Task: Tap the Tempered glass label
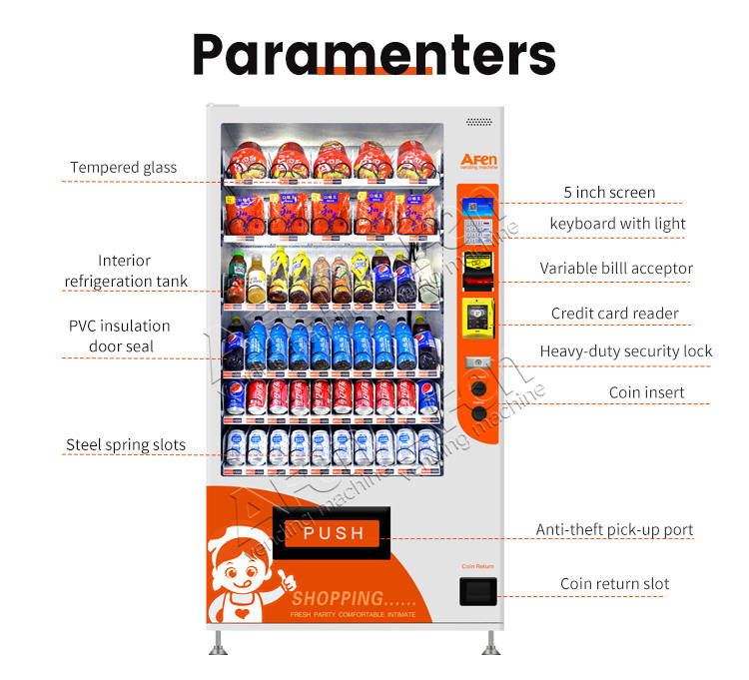click(x=123, y=167)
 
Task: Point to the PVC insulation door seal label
click(x=119, y=336)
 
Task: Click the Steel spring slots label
click(x=126, y=444)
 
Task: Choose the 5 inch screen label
click(x=609, y=192)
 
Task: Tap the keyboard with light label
click(x=617, y=223)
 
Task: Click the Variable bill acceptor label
click(x=616, y=268)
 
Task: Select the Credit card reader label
click(x=614, y=313)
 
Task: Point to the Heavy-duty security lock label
click(x=626, y=350)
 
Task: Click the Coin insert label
click(x=646, y=392)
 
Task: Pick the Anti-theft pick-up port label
click(x=614, y=529)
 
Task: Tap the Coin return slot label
click(x=614, y=583)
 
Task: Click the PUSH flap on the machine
click(x=333, y=532)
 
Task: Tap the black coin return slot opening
click(x=476, y=590)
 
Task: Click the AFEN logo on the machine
click(x=477, y=161)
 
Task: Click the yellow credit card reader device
click(x=476, y=317)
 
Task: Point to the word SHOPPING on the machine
click(x=338, y=598)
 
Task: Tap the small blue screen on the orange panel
click(x=477, y=207)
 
